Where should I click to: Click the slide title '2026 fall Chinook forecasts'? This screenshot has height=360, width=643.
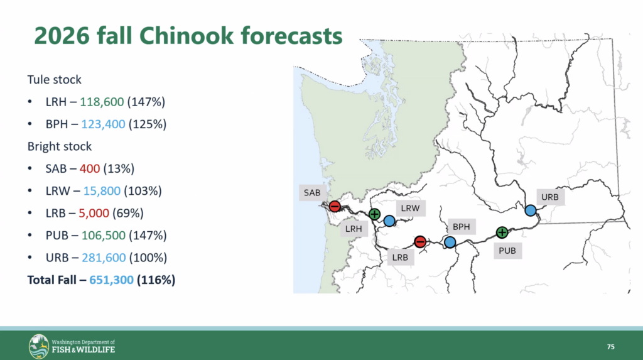click(x=188, y=36)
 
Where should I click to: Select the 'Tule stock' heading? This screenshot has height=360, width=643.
click(x=54, y=80)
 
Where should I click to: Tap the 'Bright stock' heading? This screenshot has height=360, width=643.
click(x=59, y=146)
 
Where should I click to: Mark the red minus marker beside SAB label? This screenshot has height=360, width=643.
click(x=335, y=206)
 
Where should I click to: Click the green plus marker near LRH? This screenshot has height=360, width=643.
click(x=374, y=214)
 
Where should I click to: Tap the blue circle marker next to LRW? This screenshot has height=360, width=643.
click(x=389, y=220)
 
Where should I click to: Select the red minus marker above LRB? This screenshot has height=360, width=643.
click(x=420, y=242)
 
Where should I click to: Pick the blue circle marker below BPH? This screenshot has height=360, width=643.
click(x=450, y=242)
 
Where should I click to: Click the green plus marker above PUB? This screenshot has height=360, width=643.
click(x=502, y=232)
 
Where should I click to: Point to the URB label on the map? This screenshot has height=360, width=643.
click(x=549, y=197)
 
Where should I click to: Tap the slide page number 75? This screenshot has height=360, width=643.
click(x=610, y=347)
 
